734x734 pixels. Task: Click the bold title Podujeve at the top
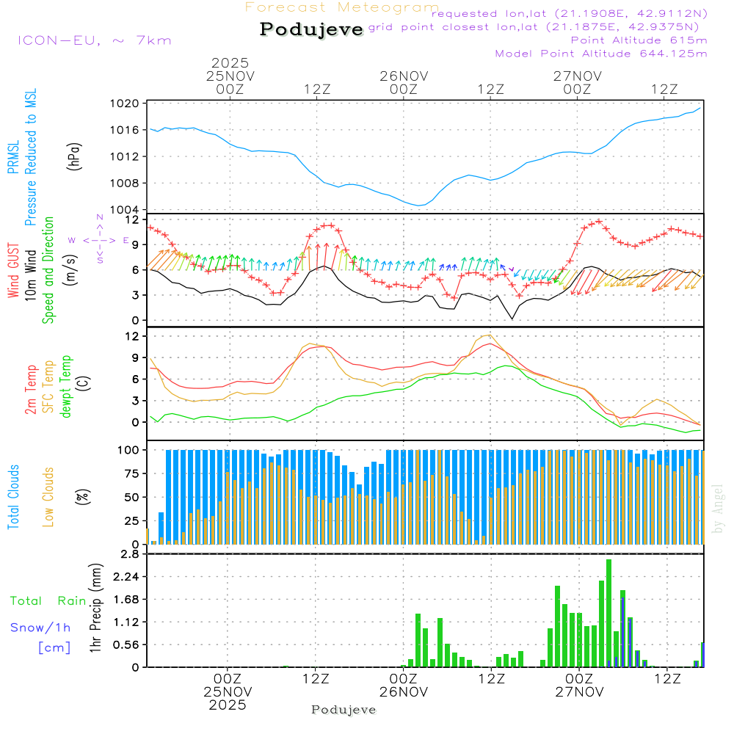pyautogui.click(x=312, y=29)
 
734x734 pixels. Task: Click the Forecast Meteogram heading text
pyautogui.click(x=342, y=7)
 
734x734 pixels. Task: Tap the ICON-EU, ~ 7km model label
pyautogui.click(x=94, y=40)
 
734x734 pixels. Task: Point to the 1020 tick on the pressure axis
pyautogui.click(x=129, y=103)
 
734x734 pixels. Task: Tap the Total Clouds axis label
pyautogui.click(x=13, y=497)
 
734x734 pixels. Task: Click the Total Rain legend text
pyautogui.click(x=48, y=601)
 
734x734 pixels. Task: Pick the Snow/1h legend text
pyautogui.click(x=40, y=627)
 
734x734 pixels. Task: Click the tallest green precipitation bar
pyautogui.click(x=608, y=613)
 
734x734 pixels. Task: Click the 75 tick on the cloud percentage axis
pyautogui.click(x=129, y=473)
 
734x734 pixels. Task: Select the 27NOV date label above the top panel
pyautogui.click(x=577, y=76)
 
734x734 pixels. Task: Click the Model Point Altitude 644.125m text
pyautogui.click(x=601, y=54)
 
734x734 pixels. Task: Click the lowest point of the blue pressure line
pyautogui.click(x=418, y=206)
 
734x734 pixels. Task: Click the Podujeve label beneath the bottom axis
pyautogui.click(x=344, y=710)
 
